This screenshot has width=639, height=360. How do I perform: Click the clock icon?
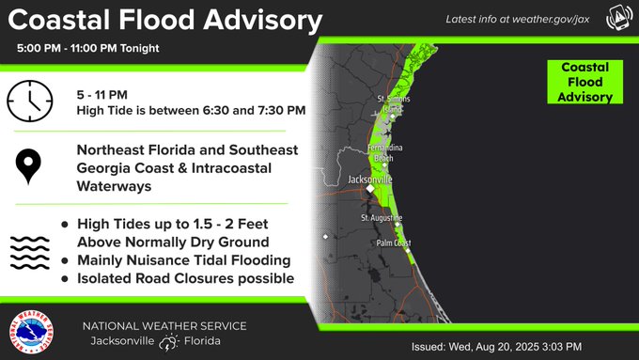[x=32, y=102]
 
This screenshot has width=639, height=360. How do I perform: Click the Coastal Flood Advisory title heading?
[x=168, y=19]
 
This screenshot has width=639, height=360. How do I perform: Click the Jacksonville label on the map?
[x=369, y=178]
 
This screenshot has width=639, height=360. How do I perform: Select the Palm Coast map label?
[x=395, y=243]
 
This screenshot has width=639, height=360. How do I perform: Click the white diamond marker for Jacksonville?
[x=370, y=189]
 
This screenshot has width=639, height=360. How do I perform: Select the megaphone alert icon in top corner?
[x=618, y=19]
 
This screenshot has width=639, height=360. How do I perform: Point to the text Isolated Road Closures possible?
[x=186, y=278]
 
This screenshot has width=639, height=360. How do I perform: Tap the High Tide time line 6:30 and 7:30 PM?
[x=191, y=111]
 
